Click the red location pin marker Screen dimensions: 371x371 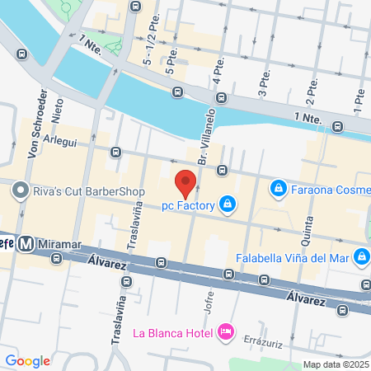click(x=185, y=182)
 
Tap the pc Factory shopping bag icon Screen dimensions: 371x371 click(x=227, y=204)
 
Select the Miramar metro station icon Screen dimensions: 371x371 click(x=26, y=243)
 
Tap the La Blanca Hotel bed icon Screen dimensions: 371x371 click(x=225, y=332)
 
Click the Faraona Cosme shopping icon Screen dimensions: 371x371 click(x=279, y=190)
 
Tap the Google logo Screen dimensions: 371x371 click(x=27, y=360)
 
